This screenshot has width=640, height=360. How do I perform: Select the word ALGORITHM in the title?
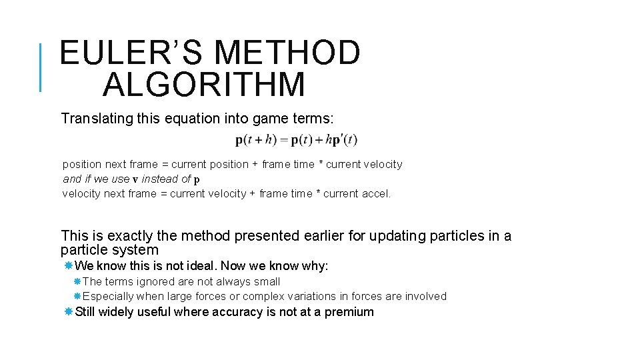205,85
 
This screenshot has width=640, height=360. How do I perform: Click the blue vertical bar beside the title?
41,67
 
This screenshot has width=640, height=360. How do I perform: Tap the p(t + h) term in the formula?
254,140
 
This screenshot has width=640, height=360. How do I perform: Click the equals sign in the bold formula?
284,140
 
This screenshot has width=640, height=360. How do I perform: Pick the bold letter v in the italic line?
135,179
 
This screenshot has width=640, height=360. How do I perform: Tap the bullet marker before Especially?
77,296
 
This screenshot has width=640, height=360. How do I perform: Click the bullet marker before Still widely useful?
68,312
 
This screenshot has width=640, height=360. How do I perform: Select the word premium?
349,312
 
